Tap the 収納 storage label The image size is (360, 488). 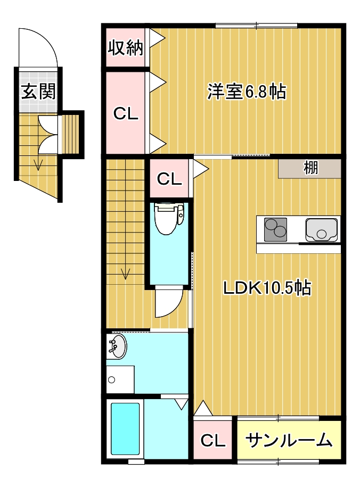126,48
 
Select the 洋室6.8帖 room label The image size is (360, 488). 247,92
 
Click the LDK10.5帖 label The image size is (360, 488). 267,288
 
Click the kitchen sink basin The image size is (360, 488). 322,230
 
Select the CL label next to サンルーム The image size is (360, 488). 213,440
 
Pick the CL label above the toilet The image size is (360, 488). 169,179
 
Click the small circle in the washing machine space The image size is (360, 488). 111,380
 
